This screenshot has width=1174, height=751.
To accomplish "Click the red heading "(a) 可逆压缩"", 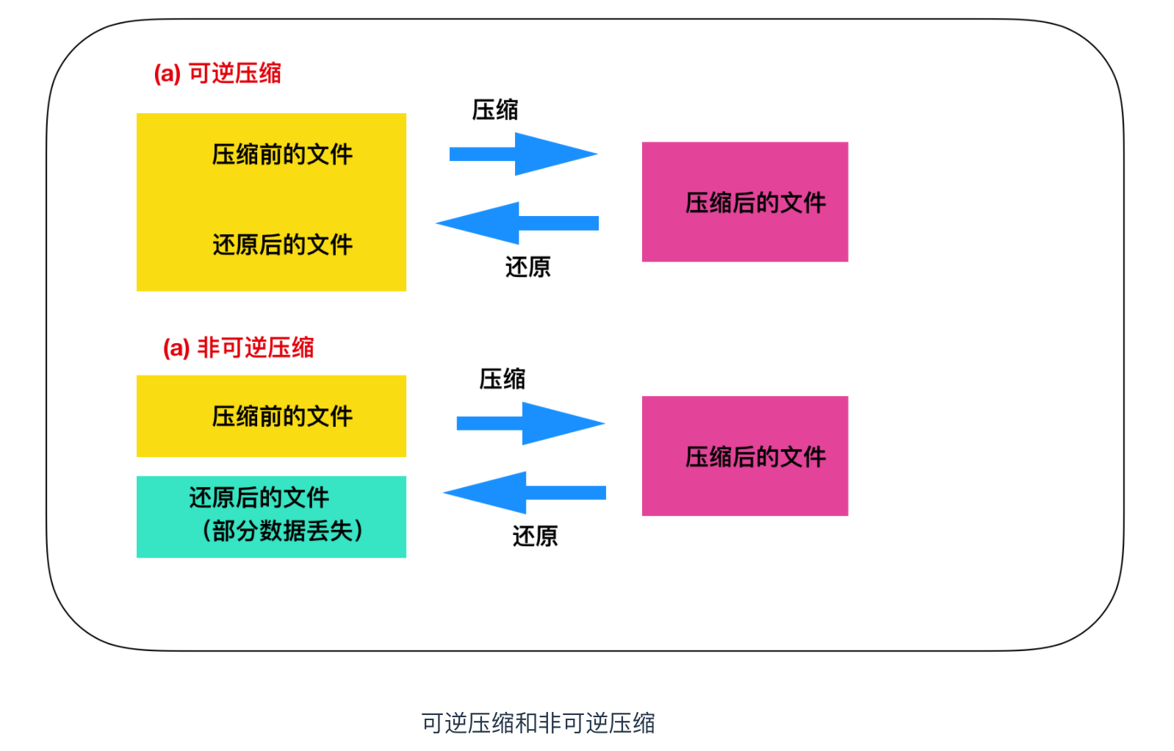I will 217,73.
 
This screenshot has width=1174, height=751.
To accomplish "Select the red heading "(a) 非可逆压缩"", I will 238,348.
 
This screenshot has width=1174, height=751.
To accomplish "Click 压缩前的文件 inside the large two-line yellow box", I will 282,155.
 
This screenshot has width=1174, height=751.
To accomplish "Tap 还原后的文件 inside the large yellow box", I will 282,245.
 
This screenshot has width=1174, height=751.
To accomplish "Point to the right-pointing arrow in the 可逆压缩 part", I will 523,154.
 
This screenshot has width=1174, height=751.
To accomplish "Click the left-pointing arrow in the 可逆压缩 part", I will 517,223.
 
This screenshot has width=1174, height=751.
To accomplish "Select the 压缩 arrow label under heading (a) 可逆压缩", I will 494,110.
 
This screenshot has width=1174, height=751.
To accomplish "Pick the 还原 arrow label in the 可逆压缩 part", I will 527,267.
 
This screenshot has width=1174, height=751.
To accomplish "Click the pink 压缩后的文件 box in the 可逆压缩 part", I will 744,201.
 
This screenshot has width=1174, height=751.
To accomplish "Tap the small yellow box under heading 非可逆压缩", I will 271,416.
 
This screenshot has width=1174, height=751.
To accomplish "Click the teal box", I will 271,517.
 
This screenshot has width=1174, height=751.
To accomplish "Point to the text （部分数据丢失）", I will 282,531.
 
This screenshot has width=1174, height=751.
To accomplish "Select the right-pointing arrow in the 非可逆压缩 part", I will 530,423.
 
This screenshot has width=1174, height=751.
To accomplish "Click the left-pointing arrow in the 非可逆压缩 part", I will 525,492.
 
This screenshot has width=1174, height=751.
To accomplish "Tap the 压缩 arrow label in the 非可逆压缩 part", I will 502,379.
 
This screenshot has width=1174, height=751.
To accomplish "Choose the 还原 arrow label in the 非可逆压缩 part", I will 535,536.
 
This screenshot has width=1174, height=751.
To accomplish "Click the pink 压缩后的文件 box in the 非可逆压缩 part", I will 744,456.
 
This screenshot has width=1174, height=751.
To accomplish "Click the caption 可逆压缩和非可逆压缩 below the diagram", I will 538,723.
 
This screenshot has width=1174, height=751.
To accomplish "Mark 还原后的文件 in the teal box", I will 259,498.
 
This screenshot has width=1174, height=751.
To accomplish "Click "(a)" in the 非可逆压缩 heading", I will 176,348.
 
